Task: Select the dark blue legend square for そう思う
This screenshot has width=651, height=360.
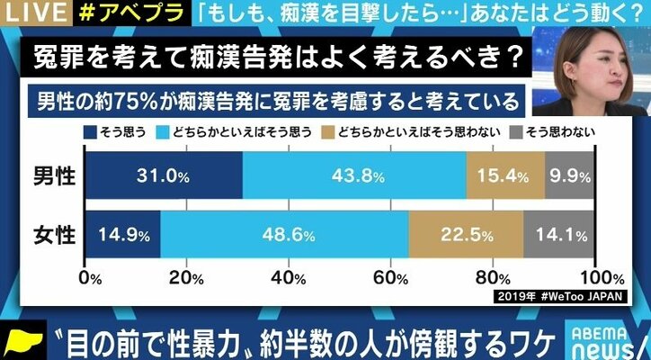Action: tap(90, 131)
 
